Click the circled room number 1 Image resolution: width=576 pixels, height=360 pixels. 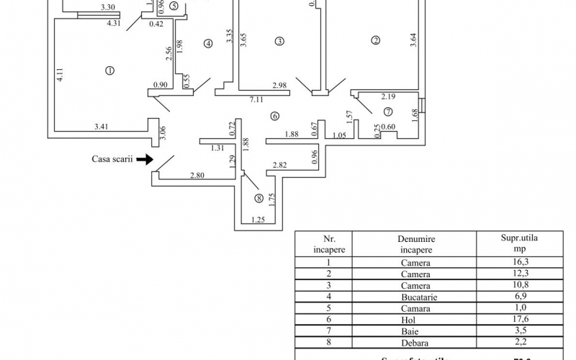[109, 70]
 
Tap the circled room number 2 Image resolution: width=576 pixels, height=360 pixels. [375, 41]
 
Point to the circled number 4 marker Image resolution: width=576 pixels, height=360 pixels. [209, 43]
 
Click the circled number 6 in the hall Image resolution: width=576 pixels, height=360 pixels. [274, 117]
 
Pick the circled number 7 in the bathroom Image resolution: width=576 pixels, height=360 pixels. [387, 112]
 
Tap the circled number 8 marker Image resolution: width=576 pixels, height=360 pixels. [258, 198]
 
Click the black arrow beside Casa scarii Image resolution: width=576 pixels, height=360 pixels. [144, 158]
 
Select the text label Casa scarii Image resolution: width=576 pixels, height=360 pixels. [112, 158]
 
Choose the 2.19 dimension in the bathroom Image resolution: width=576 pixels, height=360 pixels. [389, 96]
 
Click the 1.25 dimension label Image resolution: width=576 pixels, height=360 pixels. [258, 220]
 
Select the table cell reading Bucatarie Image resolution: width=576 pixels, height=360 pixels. [415, 297]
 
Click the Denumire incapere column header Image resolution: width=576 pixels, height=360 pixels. [415, 244]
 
